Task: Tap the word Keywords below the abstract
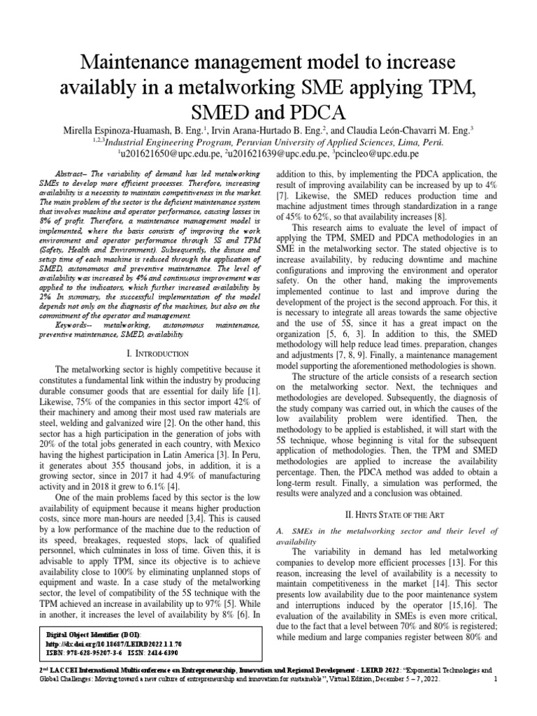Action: coord(76,324)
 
